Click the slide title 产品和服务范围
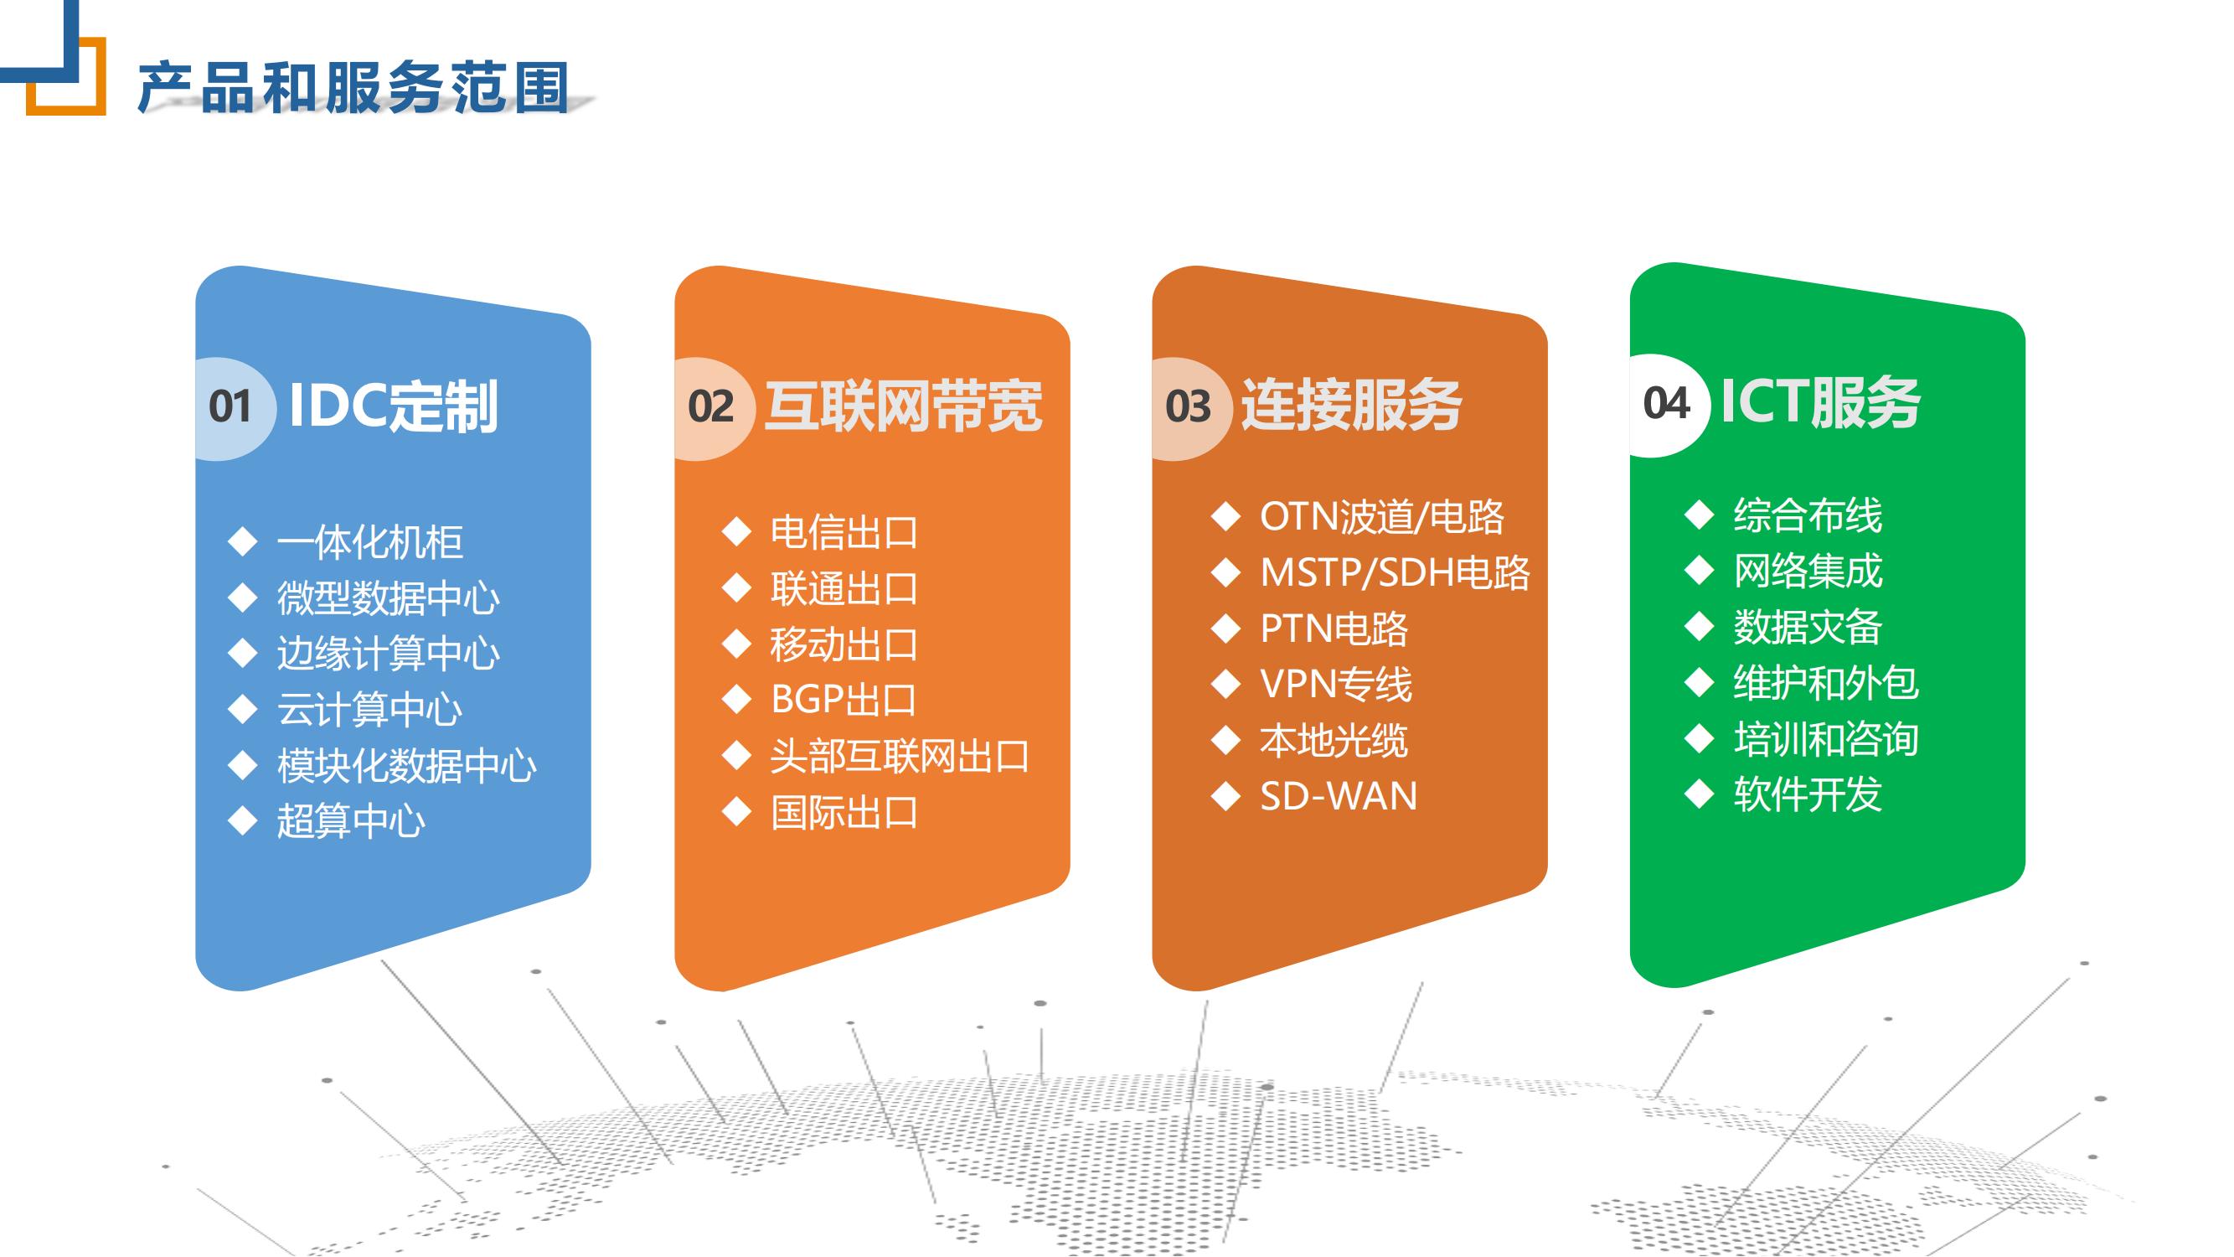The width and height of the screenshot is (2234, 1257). [353, 88]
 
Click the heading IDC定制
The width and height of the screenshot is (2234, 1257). [393, 406]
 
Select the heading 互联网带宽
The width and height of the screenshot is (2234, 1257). [904, 406]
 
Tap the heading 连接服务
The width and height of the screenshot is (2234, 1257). [1352, 405]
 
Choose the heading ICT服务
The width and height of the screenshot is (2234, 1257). [1820, 401]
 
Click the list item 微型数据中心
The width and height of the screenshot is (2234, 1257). [389, 597]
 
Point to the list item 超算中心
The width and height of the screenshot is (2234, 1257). [351, 820]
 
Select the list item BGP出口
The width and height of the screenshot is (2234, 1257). [844, 699]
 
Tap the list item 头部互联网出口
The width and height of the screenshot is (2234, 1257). [900, 757]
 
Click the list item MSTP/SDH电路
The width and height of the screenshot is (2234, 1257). [1395, 572]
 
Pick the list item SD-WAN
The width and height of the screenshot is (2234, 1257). [1339, 796]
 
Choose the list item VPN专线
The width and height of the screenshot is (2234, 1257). [1335, 684]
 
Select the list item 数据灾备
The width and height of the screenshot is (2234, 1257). [1808, 626]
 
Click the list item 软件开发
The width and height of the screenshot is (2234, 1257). [1808, 794]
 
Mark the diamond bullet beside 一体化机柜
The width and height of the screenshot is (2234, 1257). [243, 542]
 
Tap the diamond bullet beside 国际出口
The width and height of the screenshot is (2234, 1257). [736, 812]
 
